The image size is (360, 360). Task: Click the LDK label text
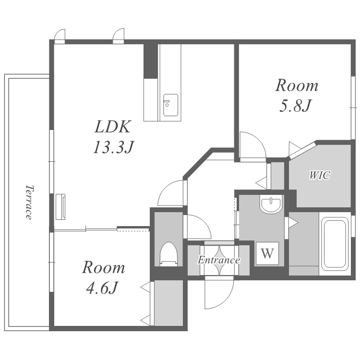112,127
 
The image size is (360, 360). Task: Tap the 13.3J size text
113,147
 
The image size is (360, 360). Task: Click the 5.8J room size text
295,106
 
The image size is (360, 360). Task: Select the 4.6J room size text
102,288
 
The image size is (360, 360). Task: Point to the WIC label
320,175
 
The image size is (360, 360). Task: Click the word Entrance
219,260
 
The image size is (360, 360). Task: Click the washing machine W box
267,253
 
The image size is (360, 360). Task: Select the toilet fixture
169,254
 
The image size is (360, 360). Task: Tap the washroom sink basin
271,204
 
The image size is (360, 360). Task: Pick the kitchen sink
170,105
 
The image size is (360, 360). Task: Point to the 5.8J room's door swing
252,145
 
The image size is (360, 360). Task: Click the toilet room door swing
199,227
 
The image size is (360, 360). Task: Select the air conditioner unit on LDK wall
60,206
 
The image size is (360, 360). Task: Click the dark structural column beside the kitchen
151,61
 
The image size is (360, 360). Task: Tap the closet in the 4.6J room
168,302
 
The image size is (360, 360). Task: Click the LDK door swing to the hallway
171,193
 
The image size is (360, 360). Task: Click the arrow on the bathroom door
293,222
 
